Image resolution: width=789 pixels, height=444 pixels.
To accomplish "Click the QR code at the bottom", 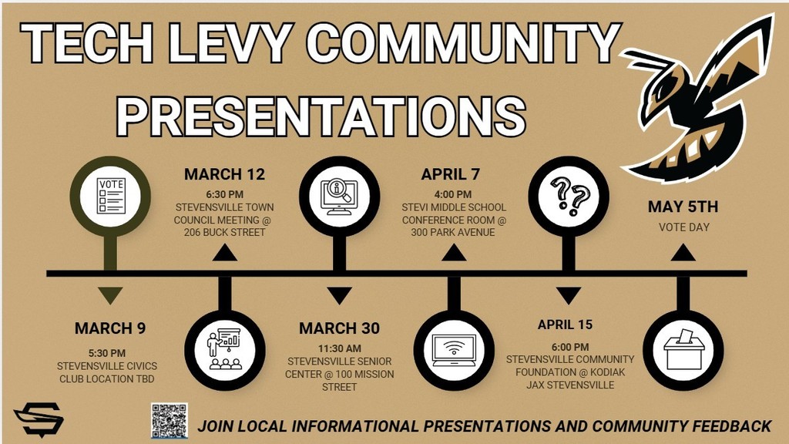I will [x=169, y=421].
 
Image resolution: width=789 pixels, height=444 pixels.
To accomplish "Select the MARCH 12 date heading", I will [x=223, y=175].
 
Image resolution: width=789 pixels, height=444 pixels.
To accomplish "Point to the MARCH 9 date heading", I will [x=110, y=328].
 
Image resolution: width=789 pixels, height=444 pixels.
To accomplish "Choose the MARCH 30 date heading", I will [x=339, y=328].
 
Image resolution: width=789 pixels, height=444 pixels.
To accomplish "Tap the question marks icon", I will [x=569, y=196].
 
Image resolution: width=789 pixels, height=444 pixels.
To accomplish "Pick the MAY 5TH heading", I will [x=683, y=207].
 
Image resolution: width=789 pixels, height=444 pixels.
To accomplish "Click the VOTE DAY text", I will [x=683, y=227].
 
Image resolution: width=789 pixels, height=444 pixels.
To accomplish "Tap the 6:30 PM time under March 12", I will [x=224, y=194].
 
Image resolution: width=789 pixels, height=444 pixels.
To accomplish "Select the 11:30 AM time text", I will [x=339, y=348].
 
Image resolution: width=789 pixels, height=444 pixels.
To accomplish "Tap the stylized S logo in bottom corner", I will [x=39, y=419].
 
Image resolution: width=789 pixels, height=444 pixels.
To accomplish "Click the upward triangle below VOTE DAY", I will [x=683, y=253].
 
